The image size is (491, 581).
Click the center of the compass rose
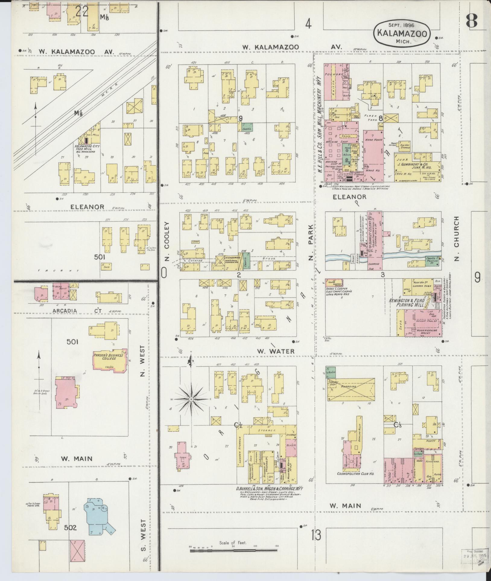191,399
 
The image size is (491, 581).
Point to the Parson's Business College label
109,357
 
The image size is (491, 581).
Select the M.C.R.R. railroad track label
111,86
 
